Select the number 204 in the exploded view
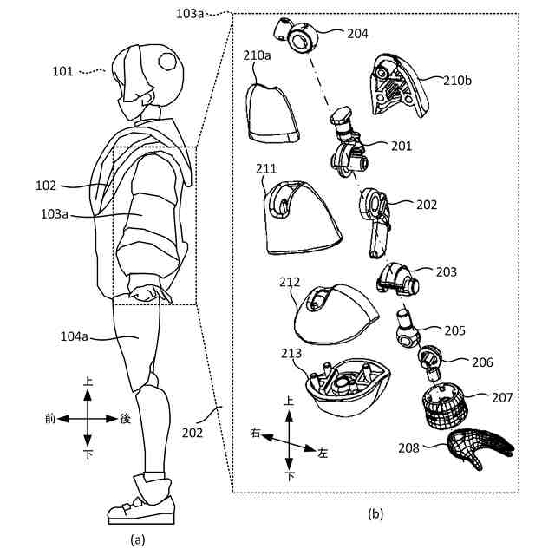356,34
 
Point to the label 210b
458,82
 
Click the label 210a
258,56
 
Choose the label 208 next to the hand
410,447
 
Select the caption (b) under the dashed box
375,513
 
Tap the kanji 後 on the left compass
125,418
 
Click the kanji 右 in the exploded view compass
255,431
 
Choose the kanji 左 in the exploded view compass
323,453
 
